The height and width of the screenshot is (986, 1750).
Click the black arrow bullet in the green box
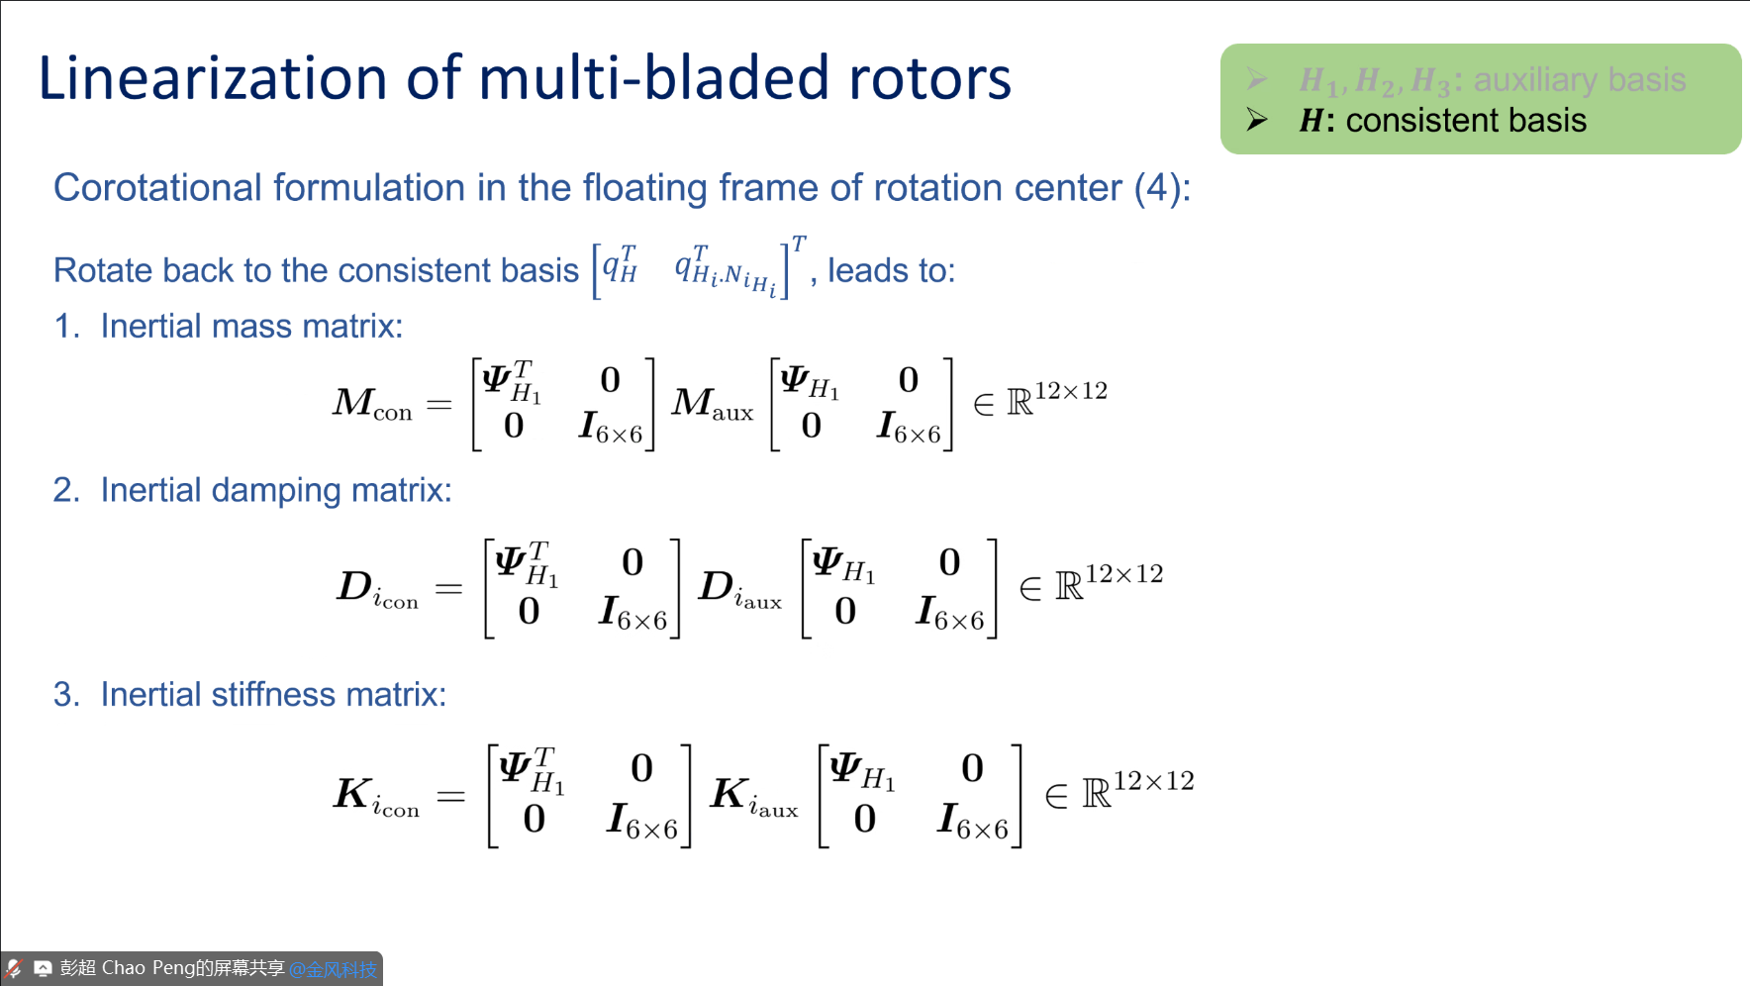1257,120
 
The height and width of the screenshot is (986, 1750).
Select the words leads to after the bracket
890,270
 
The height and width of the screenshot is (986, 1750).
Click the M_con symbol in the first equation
372,404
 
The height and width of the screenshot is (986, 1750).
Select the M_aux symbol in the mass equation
712,404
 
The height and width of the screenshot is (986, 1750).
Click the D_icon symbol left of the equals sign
377,589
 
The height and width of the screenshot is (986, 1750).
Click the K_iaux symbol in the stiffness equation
753,796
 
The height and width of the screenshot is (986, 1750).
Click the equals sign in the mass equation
438,404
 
